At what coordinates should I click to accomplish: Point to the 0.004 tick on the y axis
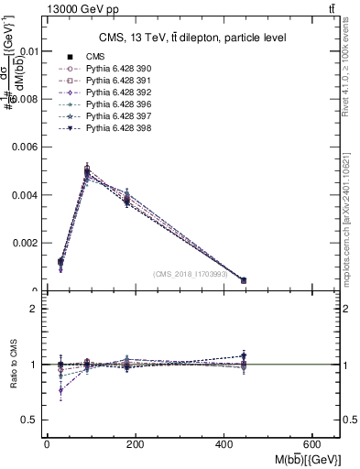click(27, 195)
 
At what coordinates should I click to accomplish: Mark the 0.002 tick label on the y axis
click(27, 243)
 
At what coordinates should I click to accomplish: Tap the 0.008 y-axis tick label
click(27, 99)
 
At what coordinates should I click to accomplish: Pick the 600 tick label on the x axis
click(312, 444)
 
